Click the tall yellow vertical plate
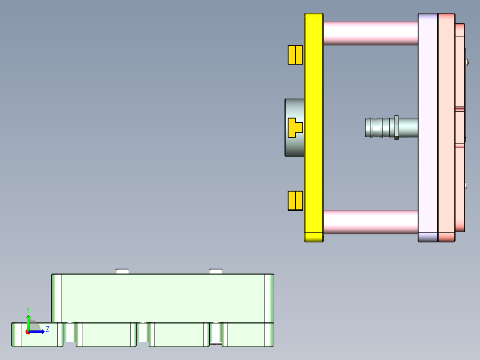coord(313,127)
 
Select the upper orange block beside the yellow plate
coord(295,55)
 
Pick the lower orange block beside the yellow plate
coord(295,200)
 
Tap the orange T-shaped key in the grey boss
coord(294,127)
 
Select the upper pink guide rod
coord(370,33)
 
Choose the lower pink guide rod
coord(370,222)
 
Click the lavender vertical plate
coord(427,127)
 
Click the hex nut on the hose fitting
coord(396,127)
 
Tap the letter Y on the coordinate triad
coord(28,310)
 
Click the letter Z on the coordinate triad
coord(48,329)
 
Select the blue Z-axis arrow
coord(38,331)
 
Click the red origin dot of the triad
coord(28,332)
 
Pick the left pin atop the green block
coord(122,271)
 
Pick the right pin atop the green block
coord(216,271)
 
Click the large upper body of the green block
coord(163,298)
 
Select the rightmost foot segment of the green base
coord(248,334)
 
